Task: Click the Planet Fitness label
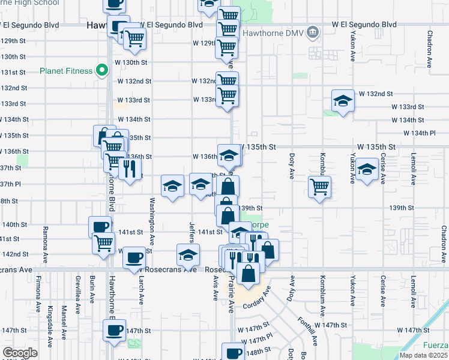(66, 71)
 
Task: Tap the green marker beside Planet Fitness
(102, 71)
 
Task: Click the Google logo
(20, 353)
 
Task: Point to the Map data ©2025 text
(423, 355)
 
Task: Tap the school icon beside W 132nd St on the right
(342, 100)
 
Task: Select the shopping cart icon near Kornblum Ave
(320, 186)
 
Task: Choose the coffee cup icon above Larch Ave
(133, 257)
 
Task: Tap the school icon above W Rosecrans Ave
(188, 254)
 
